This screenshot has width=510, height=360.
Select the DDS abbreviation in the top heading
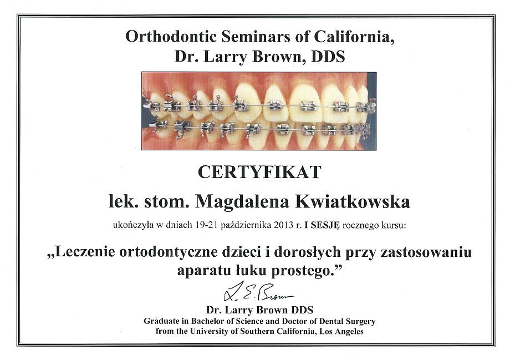pos(328,57)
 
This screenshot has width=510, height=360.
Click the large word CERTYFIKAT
pos(259,172)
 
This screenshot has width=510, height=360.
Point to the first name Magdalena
pos(242,202)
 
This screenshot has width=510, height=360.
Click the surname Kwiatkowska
pos(353,201)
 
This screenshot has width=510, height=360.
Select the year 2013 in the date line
pos(284,225)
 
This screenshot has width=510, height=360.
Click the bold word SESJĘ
pos(325,225)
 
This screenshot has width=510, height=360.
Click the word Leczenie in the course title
pos(85,252)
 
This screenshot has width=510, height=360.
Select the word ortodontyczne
pos(169,253)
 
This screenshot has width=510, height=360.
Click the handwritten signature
pos(258,292)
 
